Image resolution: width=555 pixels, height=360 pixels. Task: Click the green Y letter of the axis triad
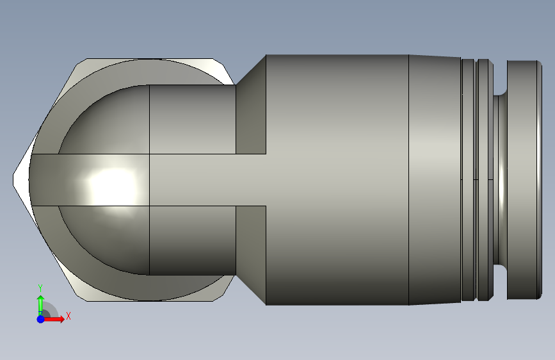point(40,288)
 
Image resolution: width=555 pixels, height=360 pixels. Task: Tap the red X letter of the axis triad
point(68,316)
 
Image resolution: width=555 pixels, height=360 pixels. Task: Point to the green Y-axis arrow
point(40,302)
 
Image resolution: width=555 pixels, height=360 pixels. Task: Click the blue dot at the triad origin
point(40,318)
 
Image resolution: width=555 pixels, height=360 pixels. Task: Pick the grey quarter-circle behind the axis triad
point(51,311)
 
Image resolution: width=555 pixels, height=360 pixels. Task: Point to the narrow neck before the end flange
point(500,179)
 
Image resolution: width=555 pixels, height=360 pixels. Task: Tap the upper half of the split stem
point(192,120)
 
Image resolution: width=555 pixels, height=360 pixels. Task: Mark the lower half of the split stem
point(192,240)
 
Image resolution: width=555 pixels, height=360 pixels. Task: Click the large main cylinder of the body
point(336,179)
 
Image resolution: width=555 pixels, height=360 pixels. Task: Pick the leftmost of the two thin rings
point(467,179)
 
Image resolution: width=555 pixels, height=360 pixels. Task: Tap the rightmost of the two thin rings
point(484,179)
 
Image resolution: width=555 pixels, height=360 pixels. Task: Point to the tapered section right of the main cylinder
point(434,179)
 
